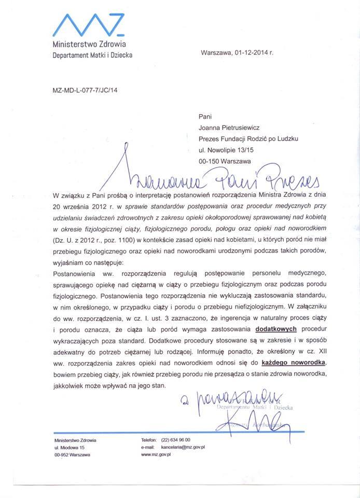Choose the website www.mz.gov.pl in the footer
(156, 454)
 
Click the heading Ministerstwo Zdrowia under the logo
(89, 46)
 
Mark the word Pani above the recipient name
(205, 116)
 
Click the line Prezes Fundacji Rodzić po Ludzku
(248, 139)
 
